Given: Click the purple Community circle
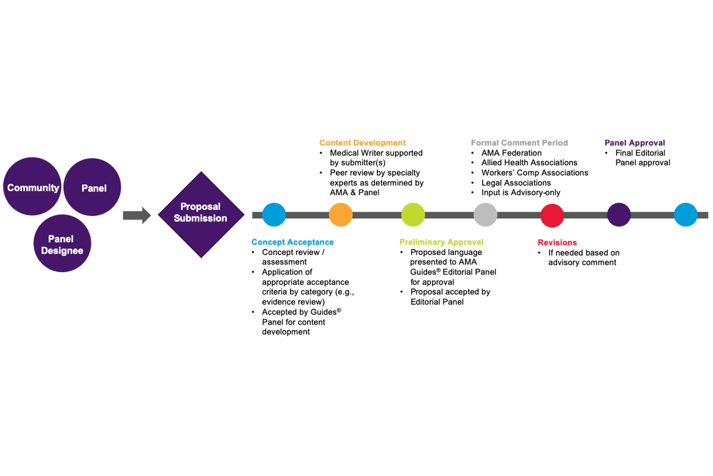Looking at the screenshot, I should (32, 187).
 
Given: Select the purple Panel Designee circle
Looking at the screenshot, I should (62, 243).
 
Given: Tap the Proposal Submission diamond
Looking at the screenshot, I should (200, 214).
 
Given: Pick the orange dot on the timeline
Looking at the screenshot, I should (341, 215).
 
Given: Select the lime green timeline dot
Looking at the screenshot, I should (413, 215).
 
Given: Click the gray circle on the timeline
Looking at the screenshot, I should (486, 215).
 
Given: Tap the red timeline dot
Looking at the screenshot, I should (552, 215).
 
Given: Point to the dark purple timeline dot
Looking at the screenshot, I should (619, 215).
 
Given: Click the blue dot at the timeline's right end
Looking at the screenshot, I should (686, 215).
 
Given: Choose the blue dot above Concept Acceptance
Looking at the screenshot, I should (274, 215).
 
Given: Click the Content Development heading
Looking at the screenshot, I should (363, 143).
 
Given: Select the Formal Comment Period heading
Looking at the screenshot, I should (519, 143).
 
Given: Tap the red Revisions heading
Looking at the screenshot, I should (557, 242).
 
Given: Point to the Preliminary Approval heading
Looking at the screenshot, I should (441, 242).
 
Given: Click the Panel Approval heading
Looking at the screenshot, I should (634, 143).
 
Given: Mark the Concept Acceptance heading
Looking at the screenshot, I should (293, 242).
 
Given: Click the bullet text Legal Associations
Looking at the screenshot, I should (516, 182).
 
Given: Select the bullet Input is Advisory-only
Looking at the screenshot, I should (520, 192).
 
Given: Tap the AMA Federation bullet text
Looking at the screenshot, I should (511, 153).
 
